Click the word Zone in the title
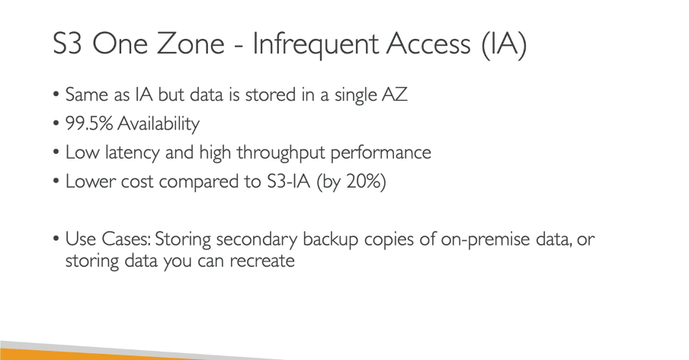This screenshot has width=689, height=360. [191, 43]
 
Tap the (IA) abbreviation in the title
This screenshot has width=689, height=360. [504, 44]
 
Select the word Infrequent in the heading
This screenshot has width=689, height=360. [316, 45]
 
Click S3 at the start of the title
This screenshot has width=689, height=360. [67, 43]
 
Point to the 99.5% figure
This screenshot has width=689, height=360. [89, 123]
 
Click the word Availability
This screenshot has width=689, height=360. [159, 124]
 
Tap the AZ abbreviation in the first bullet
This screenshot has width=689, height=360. [395, 95]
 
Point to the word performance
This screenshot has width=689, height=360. [380, 153]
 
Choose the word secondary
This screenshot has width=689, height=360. [257, 240]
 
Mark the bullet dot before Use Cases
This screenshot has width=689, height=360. [56, 239]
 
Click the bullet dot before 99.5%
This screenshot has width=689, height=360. [56, 124]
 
